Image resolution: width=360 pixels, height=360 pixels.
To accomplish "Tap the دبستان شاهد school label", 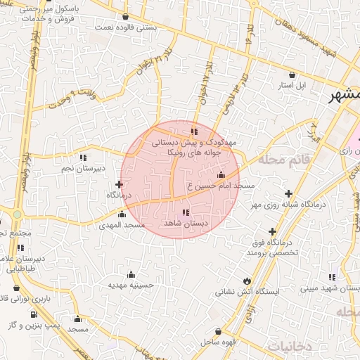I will point(186,223).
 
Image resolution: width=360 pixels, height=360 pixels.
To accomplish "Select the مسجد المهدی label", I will point(124,225).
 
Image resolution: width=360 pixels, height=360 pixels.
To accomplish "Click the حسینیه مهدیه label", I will point(131,285).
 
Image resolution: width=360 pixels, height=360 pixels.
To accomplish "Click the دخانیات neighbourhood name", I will point(288,346).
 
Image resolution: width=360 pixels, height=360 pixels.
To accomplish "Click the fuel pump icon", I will point(33,314).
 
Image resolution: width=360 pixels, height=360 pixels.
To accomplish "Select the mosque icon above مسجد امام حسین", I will point(221,175).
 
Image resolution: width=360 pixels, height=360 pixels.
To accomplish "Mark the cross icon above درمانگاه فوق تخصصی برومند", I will point(272,231).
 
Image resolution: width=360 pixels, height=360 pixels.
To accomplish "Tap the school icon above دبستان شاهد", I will point(186,212).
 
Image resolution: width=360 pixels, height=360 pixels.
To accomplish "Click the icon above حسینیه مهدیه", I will point(131,274).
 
